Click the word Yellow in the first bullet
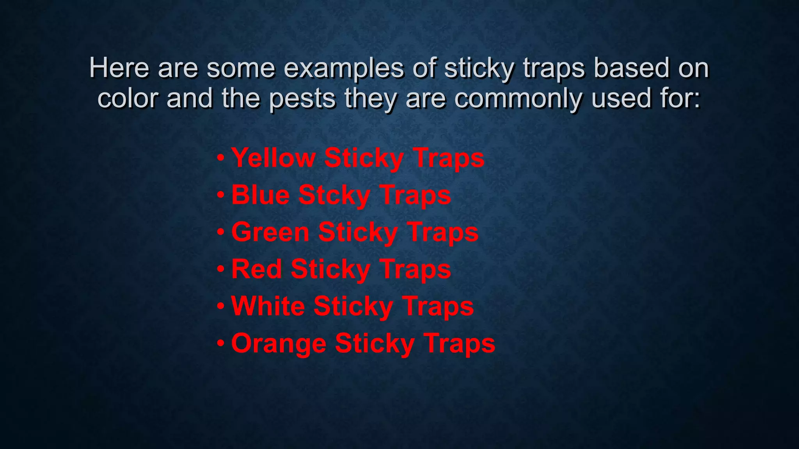pyautogui.click(x=273, y=158)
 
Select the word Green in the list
pyautogui.click(x=270, y=232)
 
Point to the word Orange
pyautogui.click(x=279, y=344)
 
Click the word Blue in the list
pyautogui.click(x=260, y=195)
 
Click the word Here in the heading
pyautogui.click(x=119, y=68)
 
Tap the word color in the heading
pyautogui.click(x=127, y=98)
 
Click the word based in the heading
pyautogui.click(x=631, y=68)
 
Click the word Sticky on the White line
pyautogui.click(x=353, y=306)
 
